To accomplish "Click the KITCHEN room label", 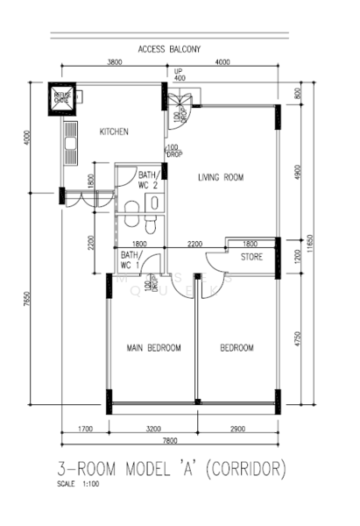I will coord(114,131).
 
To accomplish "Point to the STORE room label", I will coord(252,257).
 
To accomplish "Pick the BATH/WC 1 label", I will coord(131,259).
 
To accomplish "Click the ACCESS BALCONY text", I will coord(170,49).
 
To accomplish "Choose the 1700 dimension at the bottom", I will coord(85,429).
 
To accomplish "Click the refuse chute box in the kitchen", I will coord(63,98).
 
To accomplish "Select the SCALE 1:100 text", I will coord(77,485).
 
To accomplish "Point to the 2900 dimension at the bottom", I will coord(238,429).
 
